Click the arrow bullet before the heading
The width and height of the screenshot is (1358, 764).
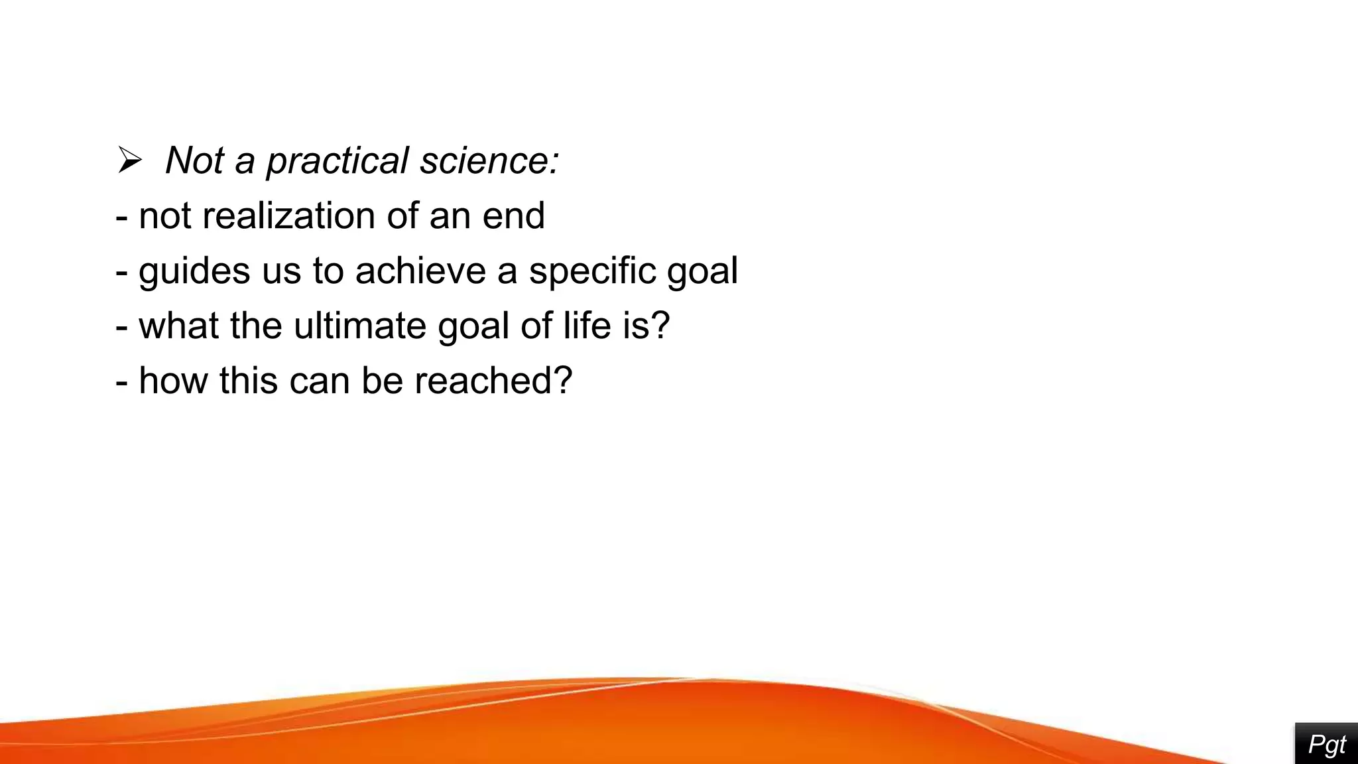pos(130,160)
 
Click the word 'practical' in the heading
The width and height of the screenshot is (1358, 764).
pos(338,161)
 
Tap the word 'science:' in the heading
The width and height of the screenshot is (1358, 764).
pos(490,161)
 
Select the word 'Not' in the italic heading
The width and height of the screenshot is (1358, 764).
pos(194,161)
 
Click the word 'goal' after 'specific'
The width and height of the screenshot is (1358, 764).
pos(702,271)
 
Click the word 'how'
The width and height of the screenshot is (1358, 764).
pos(172,381)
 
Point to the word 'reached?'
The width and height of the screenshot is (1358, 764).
pos(493,381)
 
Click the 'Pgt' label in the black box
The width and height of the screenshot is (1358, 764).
pos(1327,745)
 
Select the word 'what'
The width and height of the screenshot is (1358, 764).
pos(178,326)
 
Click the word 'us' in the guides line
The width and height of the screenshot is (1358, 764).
pos(281,271)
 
